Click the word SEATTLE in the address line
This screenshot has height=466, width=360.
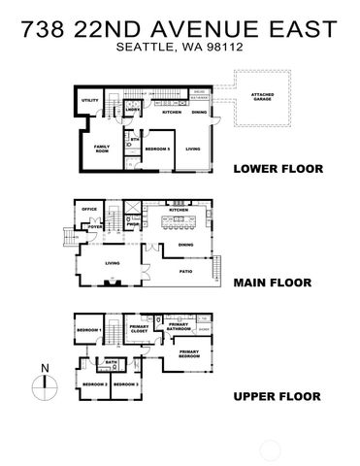point(139,47)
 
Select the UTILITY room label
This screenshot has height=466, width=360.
point(90,100)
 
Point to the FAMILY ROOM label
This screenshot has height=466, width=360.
point(101,149)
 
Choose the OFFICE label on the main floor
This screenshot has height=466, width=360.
point(90,210)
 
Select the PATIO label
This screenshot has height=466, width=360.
point(185,272)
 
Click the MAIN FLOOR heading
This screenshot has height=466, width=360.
point(272,284)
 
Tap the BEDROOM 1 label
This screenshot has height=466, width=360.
point(91,331)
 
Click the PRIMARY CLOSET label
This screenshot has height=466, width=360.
point(140,329)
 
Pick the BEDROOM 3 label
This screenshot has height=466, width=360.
point(125,384)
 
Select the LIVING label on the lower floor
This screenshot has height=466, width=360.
point(192,149)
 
